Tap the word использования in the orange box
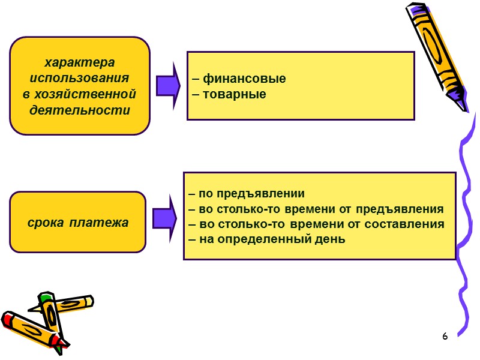pyautogui.click(x=80, y=79)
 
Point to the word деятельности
pyautogui.click(x=80, y=110)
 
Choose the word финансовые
pyautogui.click(x=244, y=79)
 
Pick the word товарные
pyautogui.click(x=235, y=94)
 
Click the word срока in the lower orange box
pyautogui.click(x=47, y=223)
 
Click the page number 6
pyautogui.click(x=445, y=336)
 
